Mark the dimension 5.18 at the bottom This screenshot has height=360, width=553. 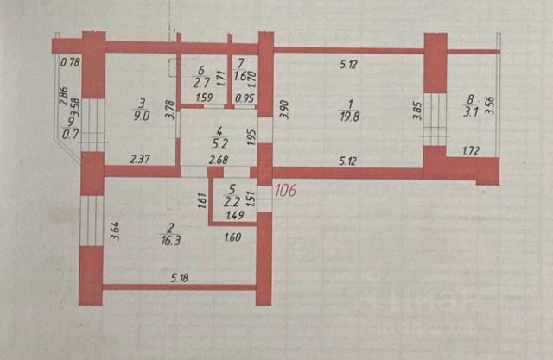coord(180,276)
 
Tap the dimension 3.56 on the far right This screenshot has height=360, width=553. coord(493,104)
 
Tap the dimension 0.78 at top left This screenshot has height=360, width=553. coord(70,61)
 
